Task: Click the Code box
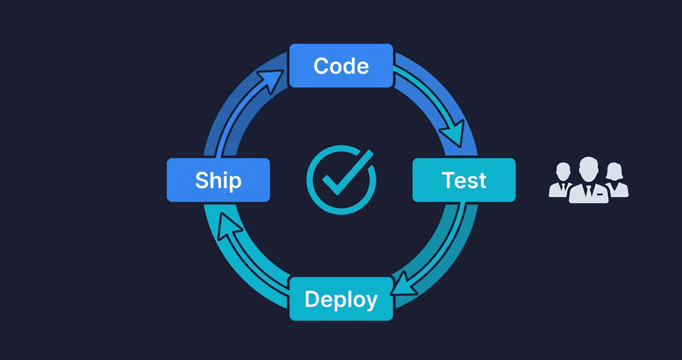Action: click(x=341, y=66)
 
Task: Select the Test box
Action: click(x=464, y=180)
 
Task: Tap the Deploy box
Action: click(x=341, y=299)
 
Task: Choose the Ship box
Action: click(x=218, y=180)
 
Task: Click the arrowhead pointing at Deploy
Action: click(x=402, y=287)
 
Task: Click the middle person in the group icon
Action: click(x=588, y=183)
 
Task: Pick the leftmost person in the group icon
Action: click(x=561, y=182)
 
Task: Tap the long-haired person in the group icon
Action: click(x=615, y=182)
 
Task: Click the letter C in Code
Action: click(x=321, y=66)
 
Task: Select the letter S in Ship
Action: click(x=202, y=180)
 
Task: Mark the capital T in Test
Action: click(x=448, y=180)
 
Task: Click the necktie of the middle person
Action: click(x=588, y=191)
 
